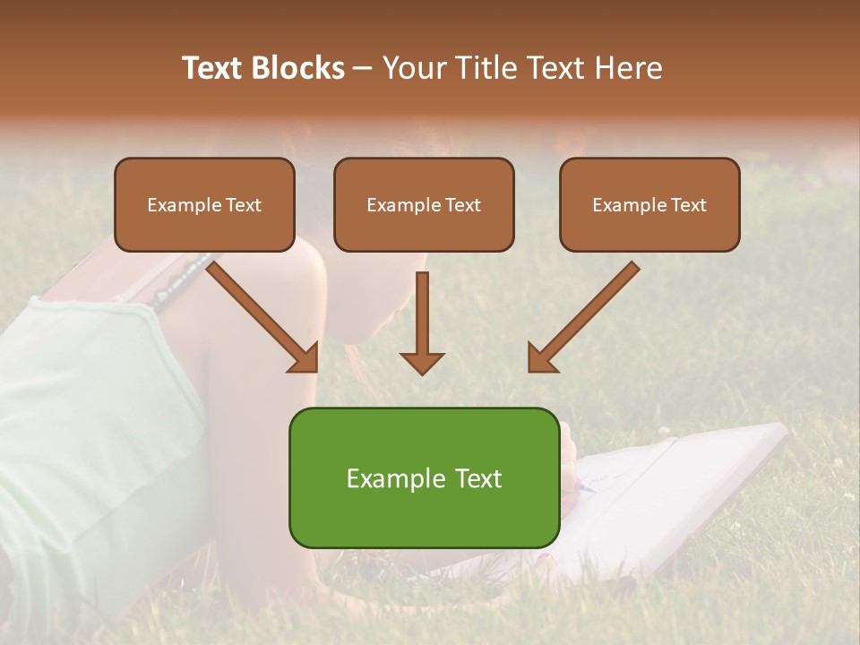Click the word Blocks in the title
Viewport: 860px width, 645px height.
tap(297, 68)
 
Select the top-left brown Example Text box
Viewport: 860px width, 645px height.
tap(204, 205)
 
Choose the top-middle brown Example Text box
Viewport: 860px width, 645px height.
tap(424, 205)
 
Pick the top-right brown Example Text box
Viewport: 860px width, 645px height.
tap(649, 205)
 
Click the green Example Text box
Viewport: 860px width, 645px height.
tap(424, 478)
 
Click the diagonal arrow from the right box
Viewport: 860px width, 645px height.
tap(587, 314)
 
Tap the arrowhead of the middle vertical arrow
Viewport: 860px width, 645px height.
tap(422, 361)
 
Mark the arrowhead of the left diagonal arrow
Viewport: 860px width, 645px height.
tap(305, 358)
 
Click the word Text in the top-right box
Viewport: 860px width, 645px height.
tap(689, 205)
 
